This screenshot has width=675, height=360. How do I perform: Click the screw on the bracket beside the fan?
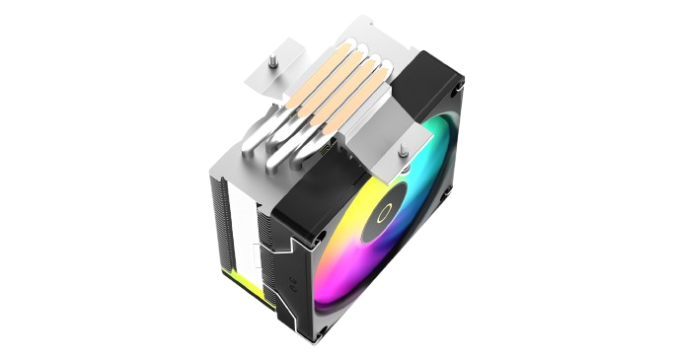pos(403,153)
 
